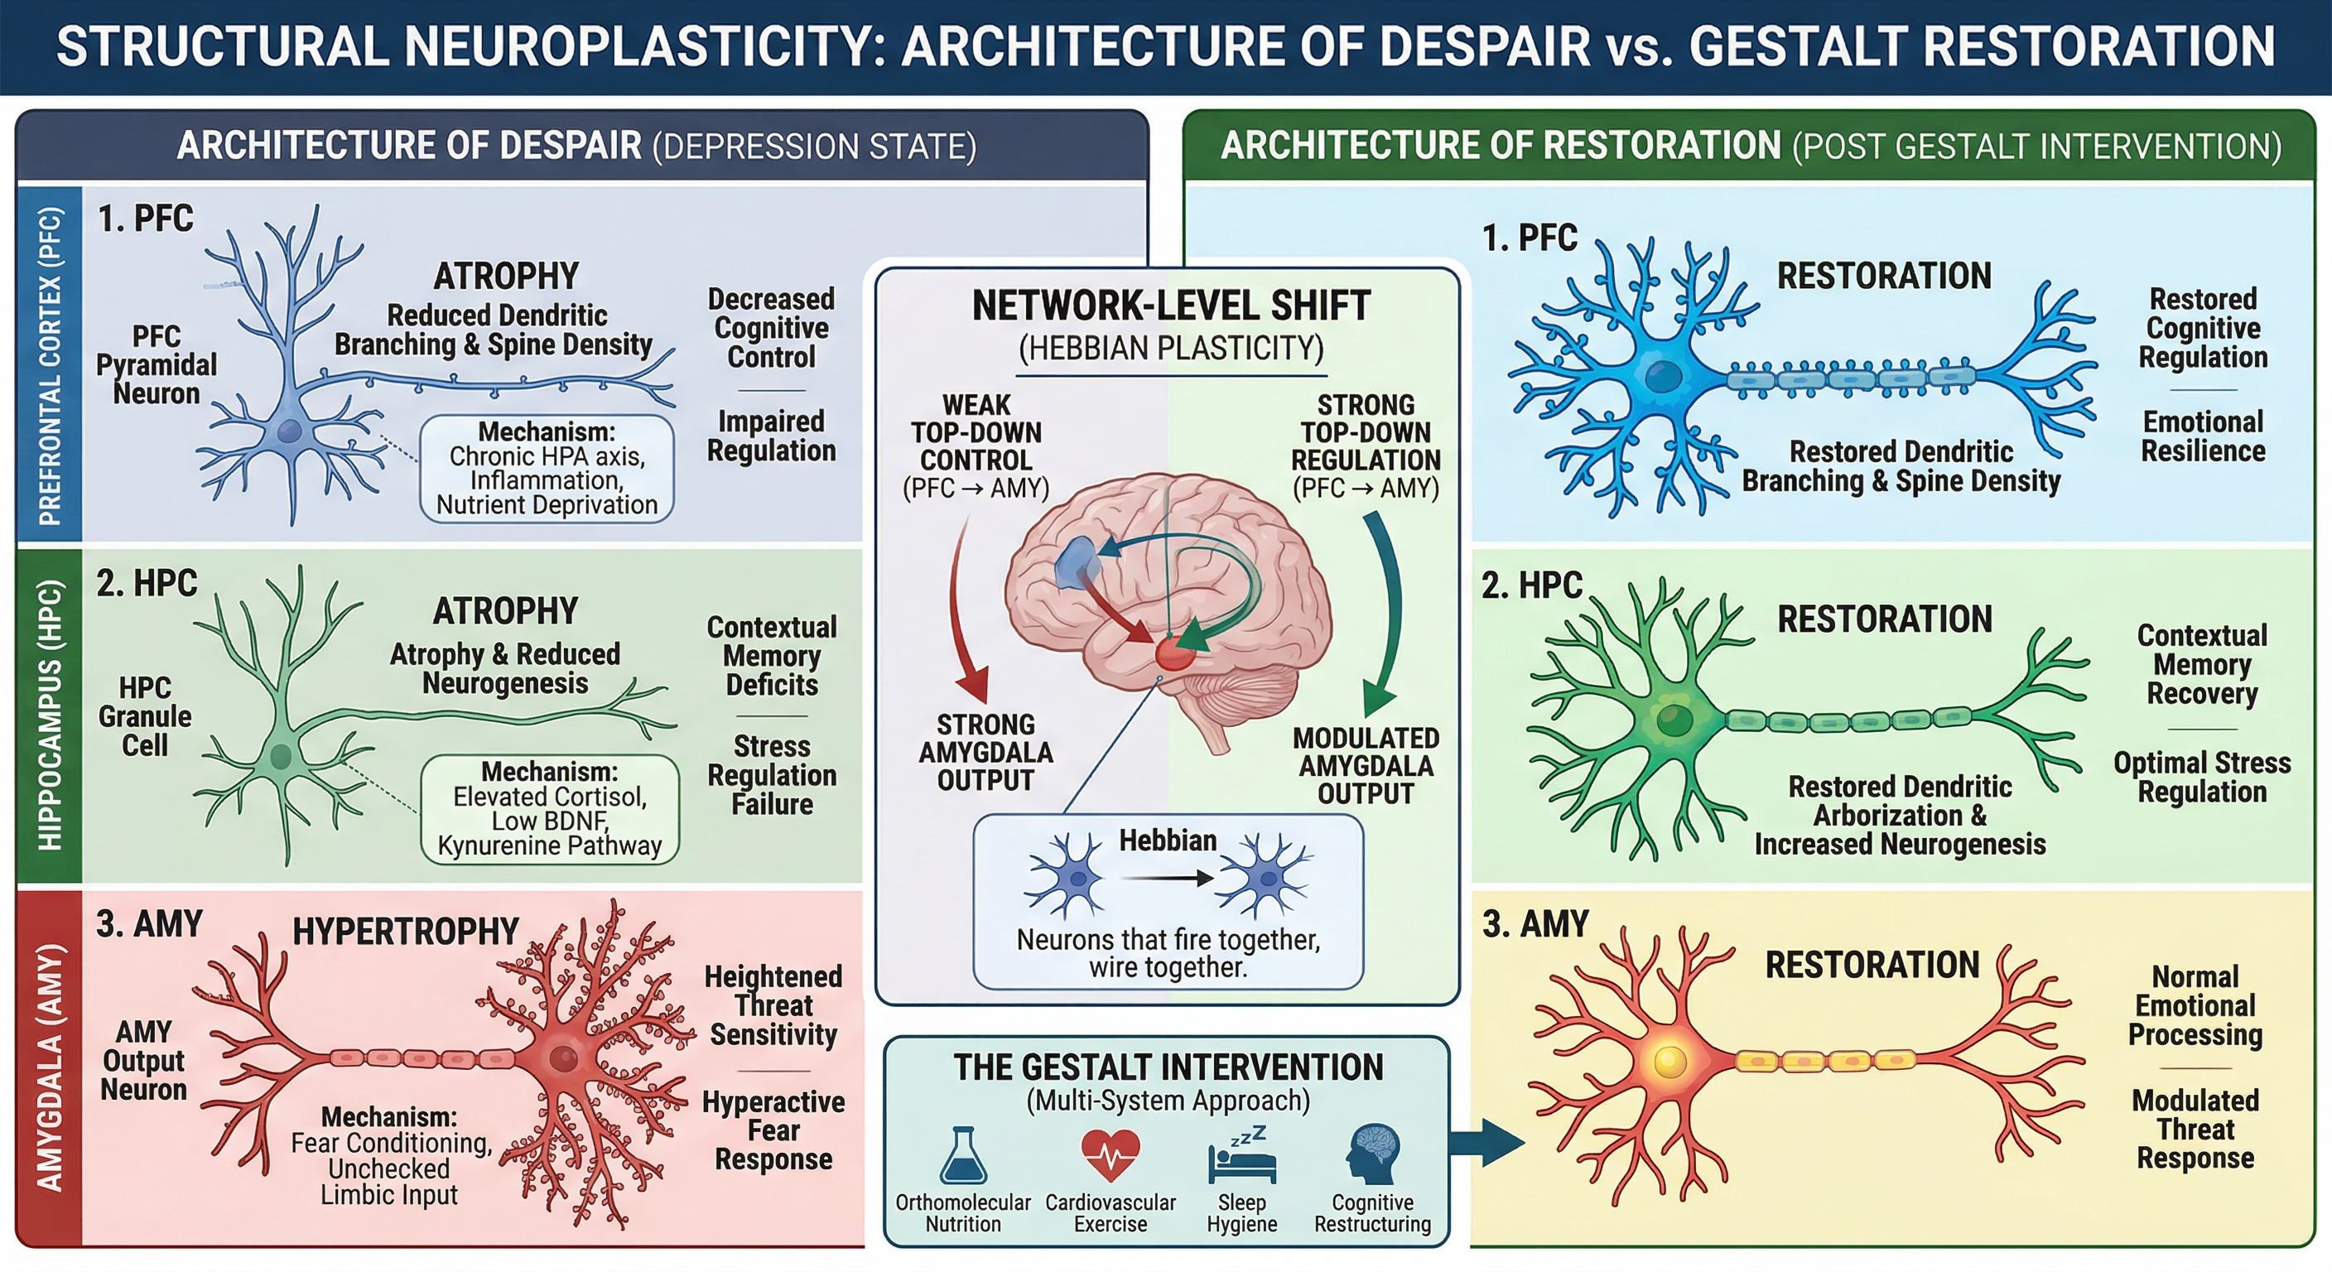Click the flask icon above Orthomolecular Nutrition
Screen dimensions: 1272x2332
[x=962, y=1156]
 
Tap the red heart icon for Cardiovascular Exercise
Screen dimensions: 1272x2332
[x=1110, y=1154]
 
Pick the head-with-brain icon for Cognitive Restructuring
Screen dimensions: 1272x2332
[x=1372, y=1154]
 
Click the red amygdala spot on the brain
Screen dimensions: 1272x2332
[x=1174, y=651]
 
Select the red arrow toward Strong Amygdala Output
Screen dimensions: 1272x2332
[x=965, y=615]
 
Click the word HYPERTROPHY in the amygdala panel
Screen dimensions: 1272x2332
[x=405, y=931]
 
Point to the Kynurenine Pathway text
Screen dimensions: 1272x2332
[x=550, y=846]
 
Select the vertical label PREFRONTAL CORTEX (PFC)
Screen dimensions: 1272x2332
[x=50, y=366]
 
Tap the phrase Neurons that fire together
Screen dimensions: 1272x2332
[x=1168, y=939]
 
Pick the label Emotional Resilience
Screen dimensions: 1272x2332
[x=2203, y=436]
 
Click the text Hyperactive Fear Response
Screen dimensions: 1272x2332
[x=773, y=1130]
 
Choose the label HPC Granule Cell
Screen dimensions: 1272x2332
[x=145, y=716]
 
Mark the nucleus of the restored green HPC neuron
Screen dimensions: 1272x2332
[x=1674, y=720]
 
